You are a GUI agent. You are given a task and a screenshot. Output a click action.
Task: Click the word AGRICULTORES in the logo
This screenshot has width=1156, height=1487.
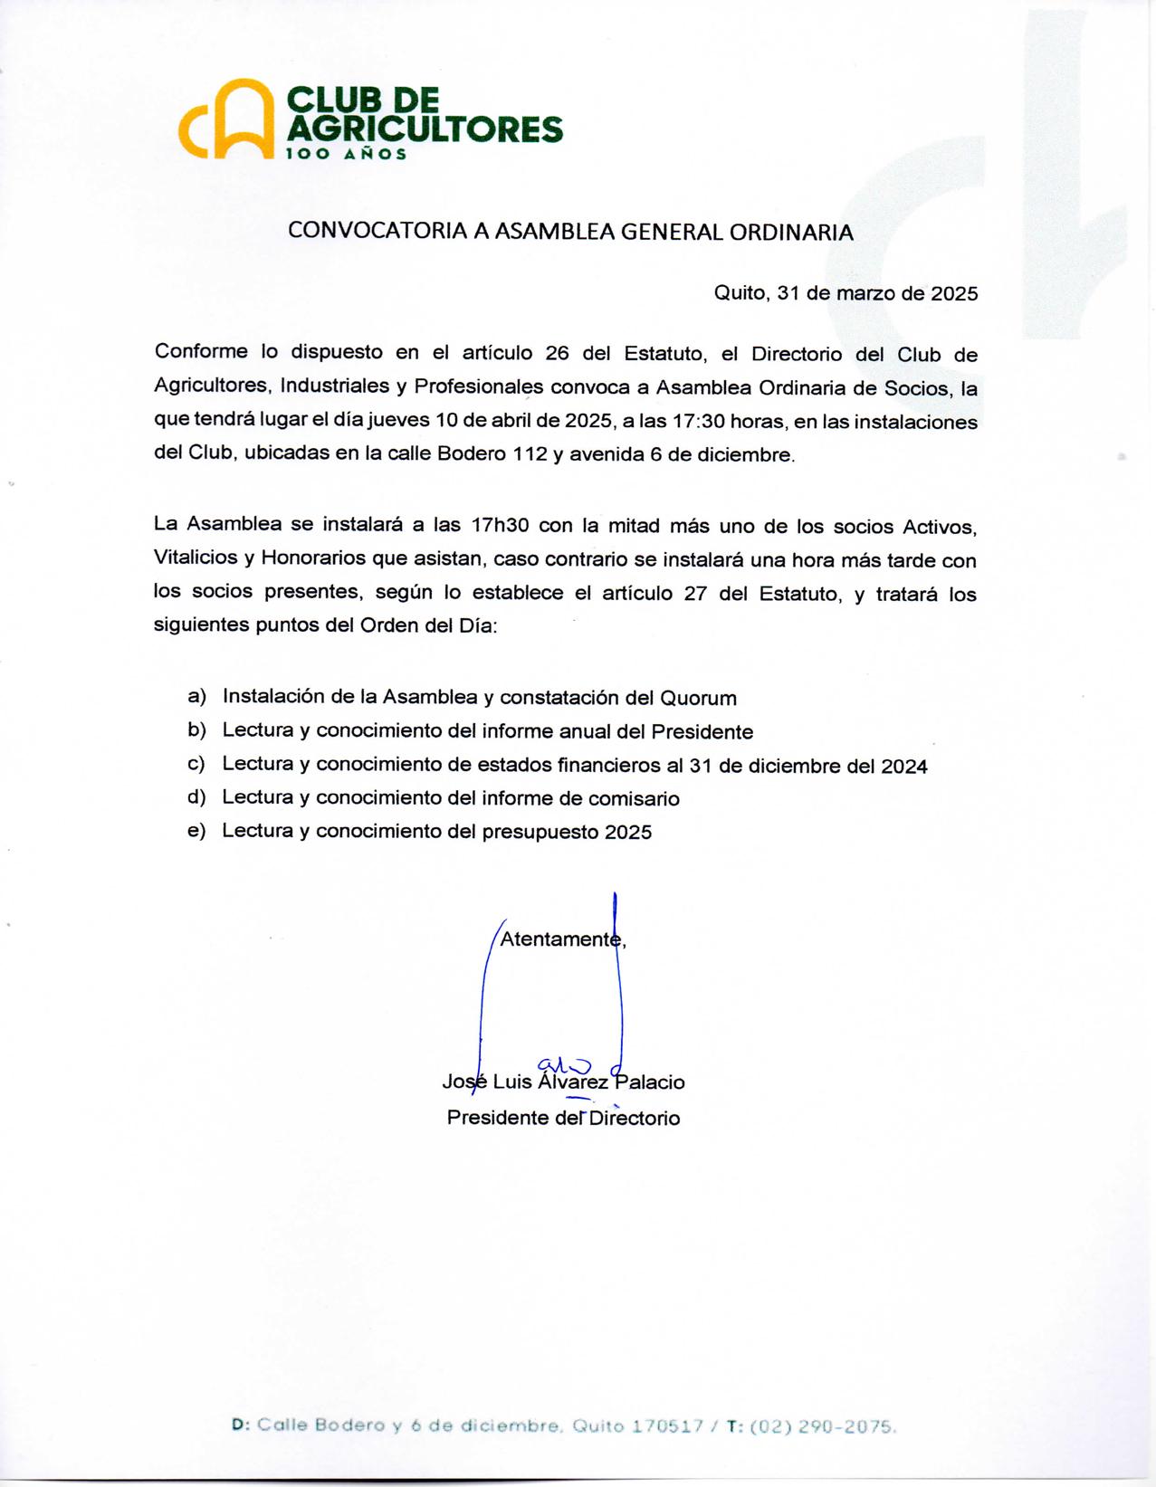click(x=425, y=129)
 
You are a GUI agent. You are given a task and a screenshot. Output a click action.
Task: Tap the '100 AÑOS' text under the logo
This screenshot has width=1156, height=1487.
click(x=347, y=154)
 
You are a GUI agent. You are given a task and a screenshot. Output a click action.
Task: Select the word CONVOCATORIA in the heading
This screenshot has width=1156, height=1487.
click(x=377, y=232)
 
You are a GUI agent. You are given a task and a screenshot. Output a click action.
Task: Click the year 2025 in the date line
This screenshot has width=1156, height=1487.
click(x=954, y=293)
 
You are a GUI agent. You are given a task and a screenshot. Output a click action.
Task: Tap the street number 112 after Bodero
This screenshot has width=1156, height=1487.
click(x=530, y=454)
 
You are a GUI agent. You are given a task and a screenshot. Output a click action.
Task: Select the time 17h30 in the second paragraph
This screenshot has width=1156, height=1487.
click(x=500, y=526)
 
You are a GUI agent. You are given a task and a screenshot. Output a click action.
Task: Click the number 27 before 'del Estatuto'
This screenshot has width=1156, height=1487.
click(x=694, y=594)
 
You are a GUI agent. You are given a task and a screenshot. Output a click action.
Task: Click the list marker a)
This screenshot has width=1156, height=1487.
click(x=196, y=696)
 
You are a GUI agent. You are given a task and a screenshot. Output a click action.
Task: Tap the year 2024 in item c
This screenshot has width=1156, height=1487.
click(x=903, y=766)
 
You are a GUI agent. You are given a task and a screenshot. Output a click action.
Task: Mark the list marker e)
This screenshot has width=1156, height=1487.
click(x=196, y=831)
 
